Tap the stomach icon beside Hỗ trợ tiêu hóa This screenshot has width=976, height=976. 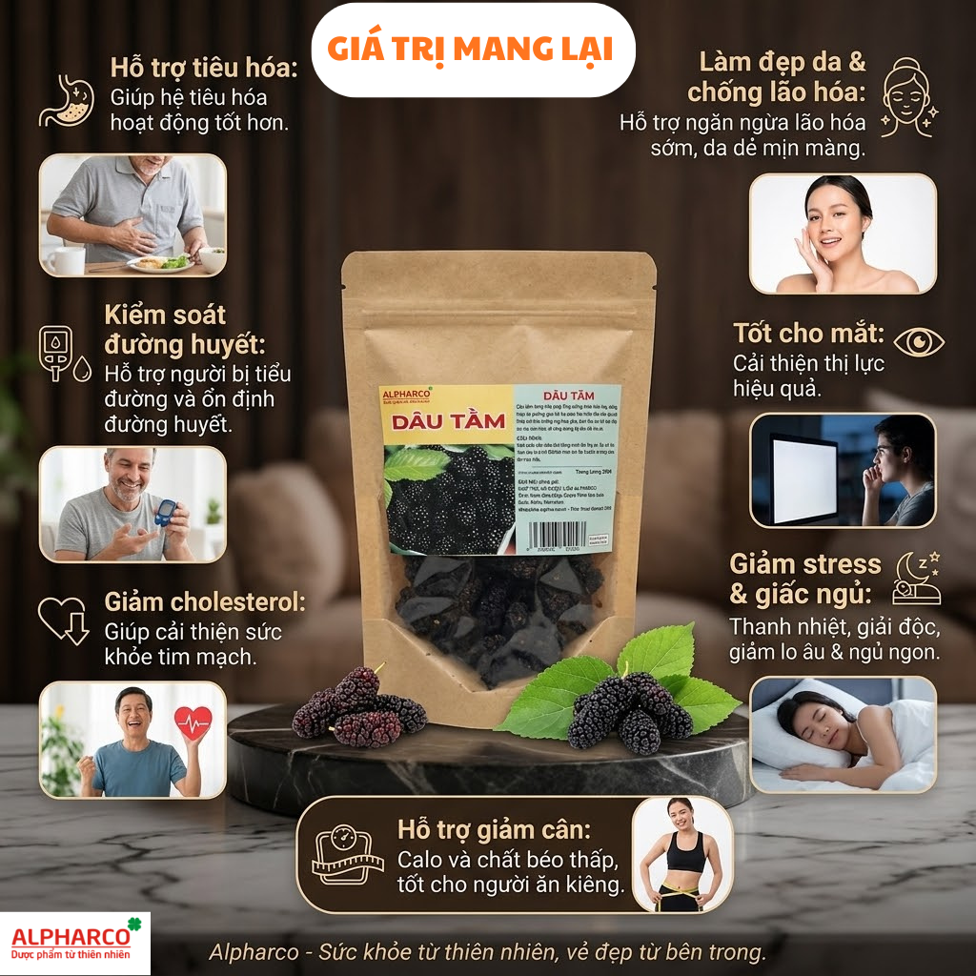tap(66, 102)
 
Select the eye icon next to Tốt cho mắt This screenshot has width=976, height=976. tap(919, 341)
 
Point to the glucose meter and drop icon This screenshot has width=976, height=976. tap(62, 354)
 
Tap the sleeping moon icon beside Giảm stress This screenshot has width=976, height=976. tap(916, 579)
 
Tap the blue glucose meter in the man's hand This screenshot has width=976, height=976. tap(166, 513)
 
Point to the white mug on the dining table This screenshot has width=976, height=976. tap(67, 260)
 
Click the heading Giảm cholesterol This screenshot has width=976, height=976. tap(204, 601)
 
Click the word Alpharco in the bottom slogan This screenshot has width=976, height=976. tap(244, 951)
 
